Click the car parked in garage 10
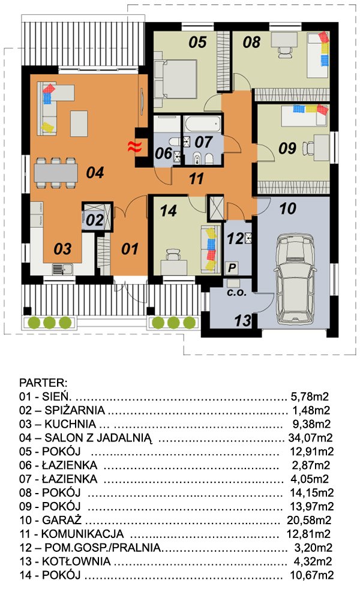295,279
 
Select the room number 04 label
95,173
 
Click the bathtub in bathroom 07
202,125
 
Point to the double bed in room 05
176,79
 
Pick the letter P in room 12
232,268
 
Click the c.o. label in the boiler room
236,292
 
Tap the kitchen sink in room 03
63,269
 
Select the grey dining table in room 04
56,173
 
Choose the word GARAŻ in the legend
62,520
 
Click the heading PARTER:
43,383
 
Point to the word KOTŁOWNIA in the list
76,561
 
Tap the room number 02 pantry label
94,220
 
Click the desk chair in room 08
285,52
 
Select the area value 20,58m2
309,520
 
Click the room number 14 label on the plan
168,211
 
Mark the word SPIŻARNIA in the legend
75,410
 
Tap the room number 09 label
287,148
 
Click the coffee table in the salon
79,123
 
